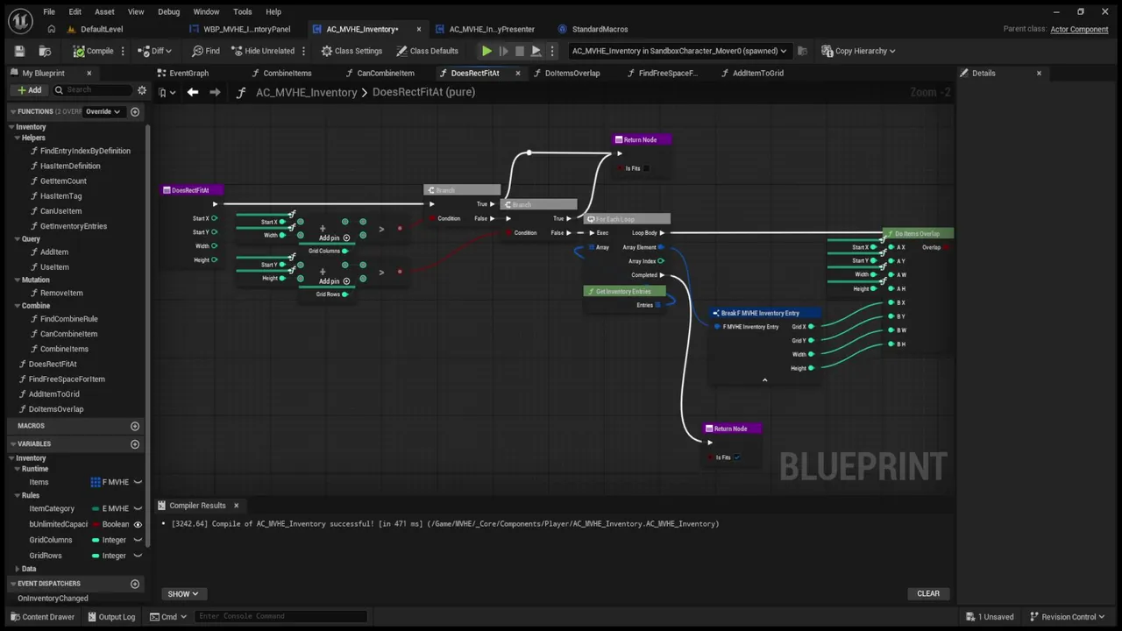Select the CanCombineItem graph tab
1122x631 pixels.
(385, 73)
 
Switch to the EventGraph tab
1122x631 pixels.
(188, 73)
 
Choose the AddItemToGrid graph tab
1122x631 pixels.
(757, 73)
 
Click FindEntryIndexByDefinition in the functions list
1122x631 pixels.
(85, 151)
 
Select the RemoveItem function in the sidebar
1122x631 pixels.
(61, 293)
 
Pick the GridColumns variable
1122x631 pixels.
(51, 540)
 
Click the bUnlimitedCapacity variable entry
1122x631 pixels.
(59, 524)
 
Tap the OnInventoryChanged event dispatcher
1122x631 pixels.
(53, 598)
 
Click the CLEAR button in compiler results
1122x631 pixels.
(927, 593)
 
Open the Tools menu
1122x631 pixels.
(242, 11)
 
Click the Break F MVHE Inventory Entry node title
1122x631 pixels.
(759, 313)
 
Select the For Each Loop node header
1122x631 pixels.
(627, 219)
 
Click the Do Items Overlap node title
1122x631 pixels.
(917, 234)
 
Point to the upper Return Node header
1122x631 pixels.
(640, 139)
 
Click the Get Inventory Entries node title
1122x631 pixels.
(623, 291)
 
